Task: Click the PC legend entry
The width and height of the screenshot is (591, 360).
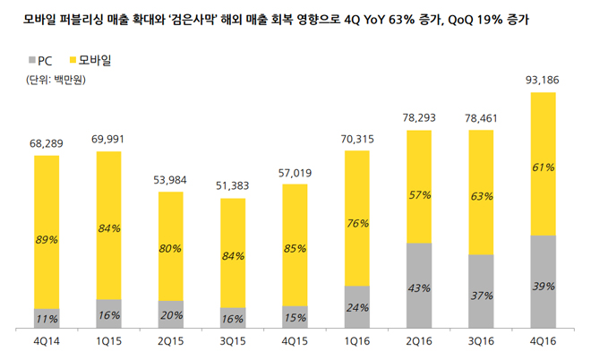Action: [39, 61]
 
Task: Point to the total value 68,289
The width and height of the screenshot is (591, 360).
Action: [47, 142]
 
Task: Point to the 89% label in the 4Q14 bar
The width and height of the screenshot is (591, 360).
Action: [47, 240]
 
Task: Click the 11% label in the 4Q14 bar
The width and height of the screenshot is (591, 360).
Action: [47, 319]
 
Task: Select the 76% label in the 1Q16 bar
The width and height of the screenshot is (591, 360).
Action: [357, 223]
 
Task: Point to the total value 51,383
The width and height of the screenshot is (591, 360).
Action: [233, 184]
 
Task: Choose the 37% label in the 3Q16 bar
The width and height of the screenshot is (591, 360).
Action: [482, 295]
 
